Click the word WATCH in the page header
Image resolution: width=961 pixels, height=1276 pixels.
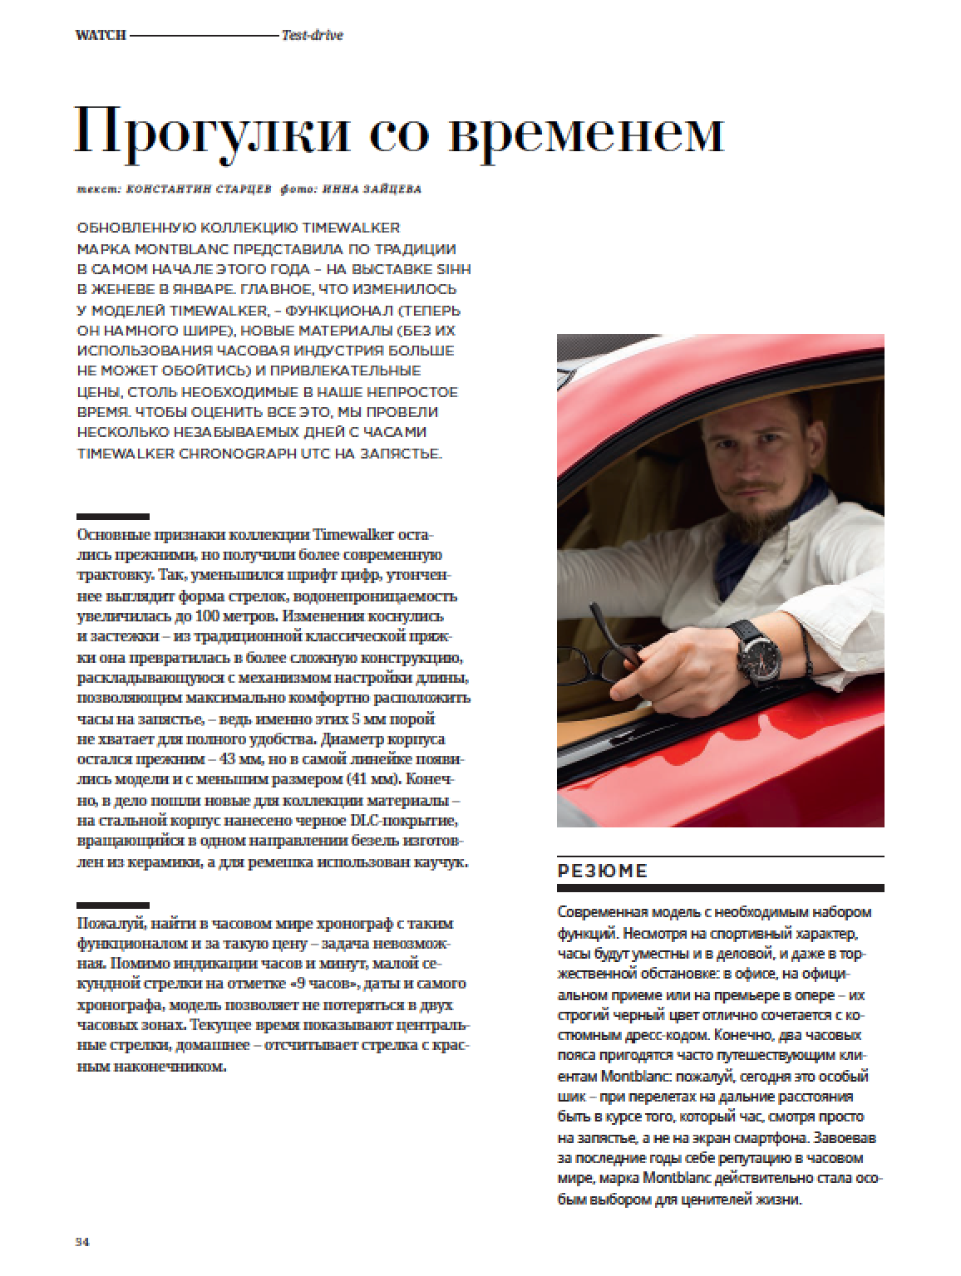coord(100,35)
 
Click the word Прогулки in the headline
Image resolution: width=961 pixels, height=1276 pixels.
coord(212,131)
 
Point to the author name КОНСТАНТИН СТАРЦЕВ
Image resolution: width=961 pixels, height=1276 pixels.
coord(198,189)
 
